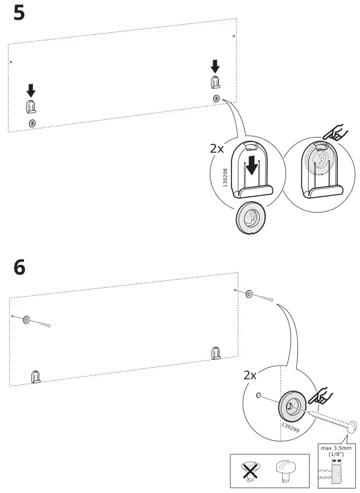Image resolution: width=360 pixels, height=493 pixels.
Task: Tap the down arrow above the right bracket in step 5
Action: [x=215, y=66]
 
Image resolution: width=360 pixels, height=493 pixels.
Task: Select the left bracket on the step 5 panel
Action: [x=31, y=106]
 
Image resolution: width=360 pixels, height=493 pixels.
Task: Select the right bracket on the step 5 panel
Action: [x=215, y=82]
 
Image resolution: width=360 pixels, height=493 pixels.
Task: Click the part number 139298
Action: [x=225, y=177]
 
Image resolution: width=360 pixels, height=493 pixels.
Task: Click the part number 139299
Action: [x=290, y=427]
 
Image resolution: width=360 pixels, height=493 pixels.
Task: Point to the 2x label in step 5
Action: [x=217, y=149]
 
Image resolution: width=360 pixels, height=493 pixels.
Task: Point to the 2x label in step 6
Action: [x=250, y=375]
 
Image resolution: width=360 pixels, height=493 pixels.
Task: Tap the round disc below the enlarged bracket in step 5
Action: [x=250, y=216]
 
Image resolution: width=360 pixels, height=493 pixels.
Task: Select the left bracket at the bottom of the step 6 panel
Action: [x=36, y=376]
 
